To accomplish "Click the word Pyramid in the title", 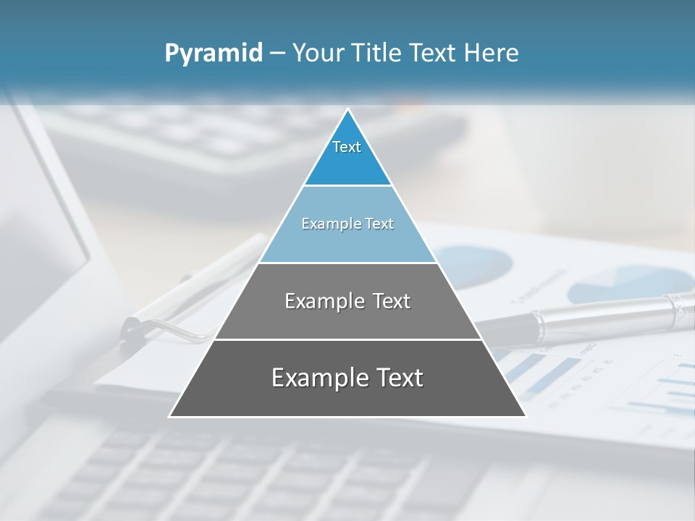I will coord(214,54).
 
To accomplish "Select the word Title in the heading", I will coord(379,54).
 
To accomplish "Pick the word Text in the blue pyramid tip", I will coord(347,147).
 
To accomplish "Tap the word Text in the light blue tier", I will coord(379,224).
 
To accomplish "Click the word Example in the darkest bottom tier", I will coord(310,378).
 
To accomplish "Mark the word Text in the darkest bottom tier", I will coord(399,378).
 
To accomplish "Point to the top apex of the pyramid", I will coord(347,110).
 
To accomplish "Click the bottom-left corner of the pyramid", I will coord(170,416).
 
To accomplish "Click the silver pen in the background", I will coord(594,313).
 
